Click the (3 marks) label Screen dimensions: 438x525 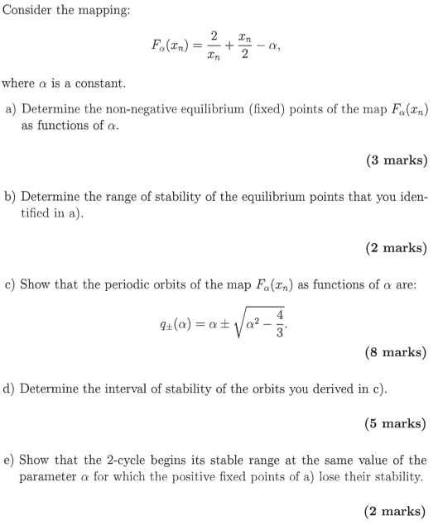396,160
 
